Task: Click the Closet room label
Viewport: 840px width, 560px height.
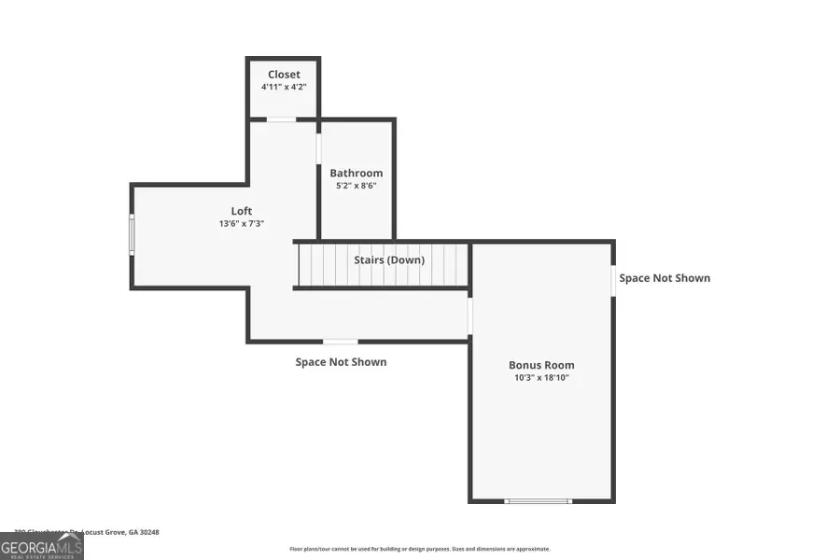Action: click(x=284, y=75)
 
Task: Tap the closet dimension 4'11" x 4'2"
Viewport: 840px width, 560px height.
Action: click(x=284, y=87)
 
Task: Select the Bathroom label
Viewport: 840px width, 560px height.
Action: click(x=356, y=173)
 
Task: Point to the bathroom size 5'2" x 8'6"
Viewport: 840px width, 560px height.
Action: click(x=356, y=185)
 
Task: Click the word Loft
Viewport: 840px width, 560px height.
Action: click(x=242, y=211)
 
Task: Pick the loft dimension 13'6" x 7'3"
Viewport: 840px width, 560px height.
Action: click(x=242, y=223)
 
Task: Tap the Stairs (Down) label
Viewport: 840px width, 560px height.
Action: click(x=388, y=259)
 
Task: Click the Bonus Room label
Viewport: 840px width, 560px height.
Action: click(x=541, y=365)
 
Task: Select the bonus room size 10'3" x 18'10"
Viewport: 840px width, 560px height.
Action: click(x=541, y=377)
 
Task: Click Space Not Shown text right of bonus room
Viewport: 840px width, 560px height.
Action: click(x=665, y=278)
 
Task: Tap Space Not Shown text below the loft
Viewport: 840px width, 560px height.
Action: click(x=341, y=362)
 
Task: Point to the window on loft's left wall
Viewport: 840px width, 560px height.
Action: click(x=132, y=233)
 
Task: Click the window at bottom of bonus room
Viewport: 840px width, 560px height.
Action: click(x=538, y=501)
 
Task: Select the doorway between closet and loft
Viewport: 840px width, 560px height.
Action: click(x=282, y=119)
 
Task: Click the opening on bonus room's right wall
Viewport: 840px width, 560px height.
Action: click(x=614, y=281)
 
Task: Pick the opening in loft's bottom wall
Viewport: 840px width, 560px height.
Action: click(x=340, y=342)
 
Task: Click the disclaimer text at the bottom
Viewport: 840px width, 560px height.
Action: click(x=420, y=549)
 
